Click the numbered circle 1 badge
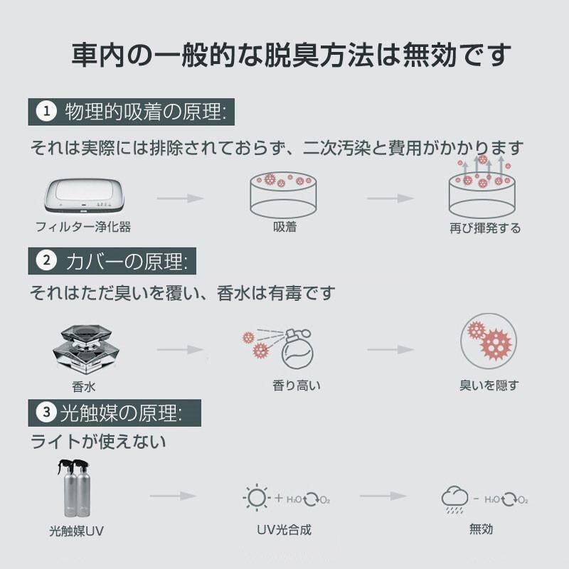click(x=47, y=112)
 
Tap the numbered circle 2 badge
click(x=47, y=260)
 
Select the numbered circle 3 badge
click(x=47, y=412)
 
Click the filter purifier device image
click(x=84, y=196)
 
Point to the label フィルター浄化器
click(x=83, y=228)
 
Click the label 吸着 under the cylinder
click(x=284, y=228)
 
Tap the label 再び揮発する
click(x=485, y=228)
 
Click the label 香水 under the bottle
click(x=83, y=387)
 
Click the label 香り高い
click(x=297, y=385)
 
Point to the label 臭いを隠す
click(x=489, y=385)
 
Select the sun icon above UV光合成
click(x=255, y=498)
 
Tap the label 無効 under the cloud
click(x=481, y=529)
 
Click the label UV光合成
click(x=284, y=530)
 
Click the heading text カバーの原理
click(x=125, y=261)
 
